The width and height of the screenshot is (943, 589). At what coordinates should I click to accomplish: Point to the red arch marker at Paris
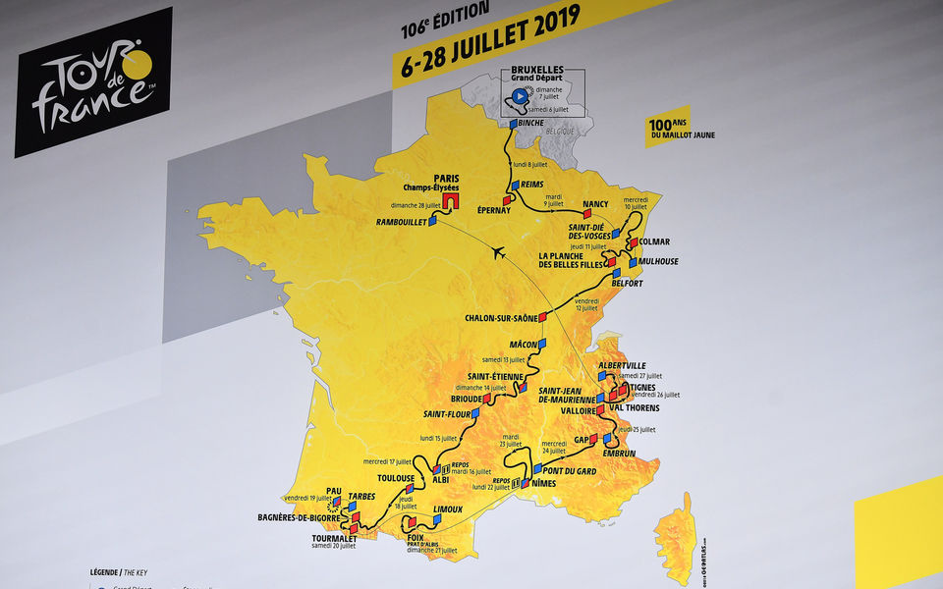pyautogui.click(x=451, y=200)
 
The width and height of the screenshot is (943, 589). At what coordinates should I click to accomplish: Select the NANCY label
pyautogui.click(x=595, y=204)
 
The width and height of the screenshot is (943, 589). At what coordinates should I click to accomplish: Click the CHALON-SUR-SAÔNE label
pyautogui.click(x=500, y=318)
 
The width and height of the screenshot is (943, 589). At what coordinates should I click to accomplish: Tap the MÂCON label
pyautogui.click(x=525, y=345)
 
